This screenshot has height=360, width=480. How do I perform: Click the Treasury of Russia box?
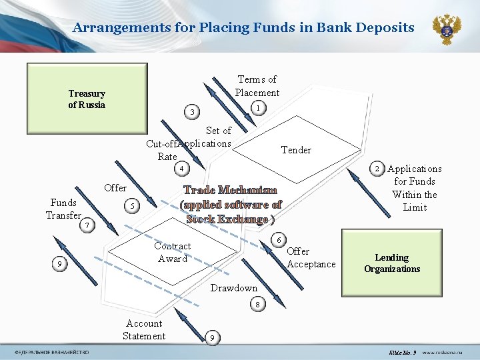87,99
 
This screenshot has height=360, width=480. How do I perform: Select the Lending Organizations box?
391,263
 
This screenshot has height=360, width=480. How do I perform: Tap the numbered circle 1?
257,107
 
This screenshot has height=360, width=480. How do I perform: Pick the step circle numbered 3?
192,111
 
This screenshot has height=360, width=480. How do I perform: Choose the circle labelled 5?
133,207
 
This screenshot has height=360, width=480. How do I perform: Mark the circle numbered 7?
87,225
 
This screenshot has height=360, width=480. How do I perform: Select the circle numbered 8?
257,305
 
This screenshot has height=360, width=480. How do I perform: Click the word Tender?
296,150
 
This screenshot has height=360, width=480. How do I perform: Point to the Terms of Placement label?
257,86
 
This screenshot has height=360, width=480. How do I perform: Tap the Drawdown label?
234,288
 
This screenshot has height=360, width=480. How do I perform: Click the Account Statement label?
144,329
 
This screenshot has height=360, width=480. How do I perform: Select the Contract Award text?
173,252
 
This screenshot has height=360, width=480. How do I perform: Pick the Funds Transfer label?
63,209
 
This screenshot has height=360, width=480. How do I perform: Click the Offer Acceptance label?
311,257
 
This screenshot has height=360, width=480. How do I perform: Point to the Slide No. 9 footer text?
402,352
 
